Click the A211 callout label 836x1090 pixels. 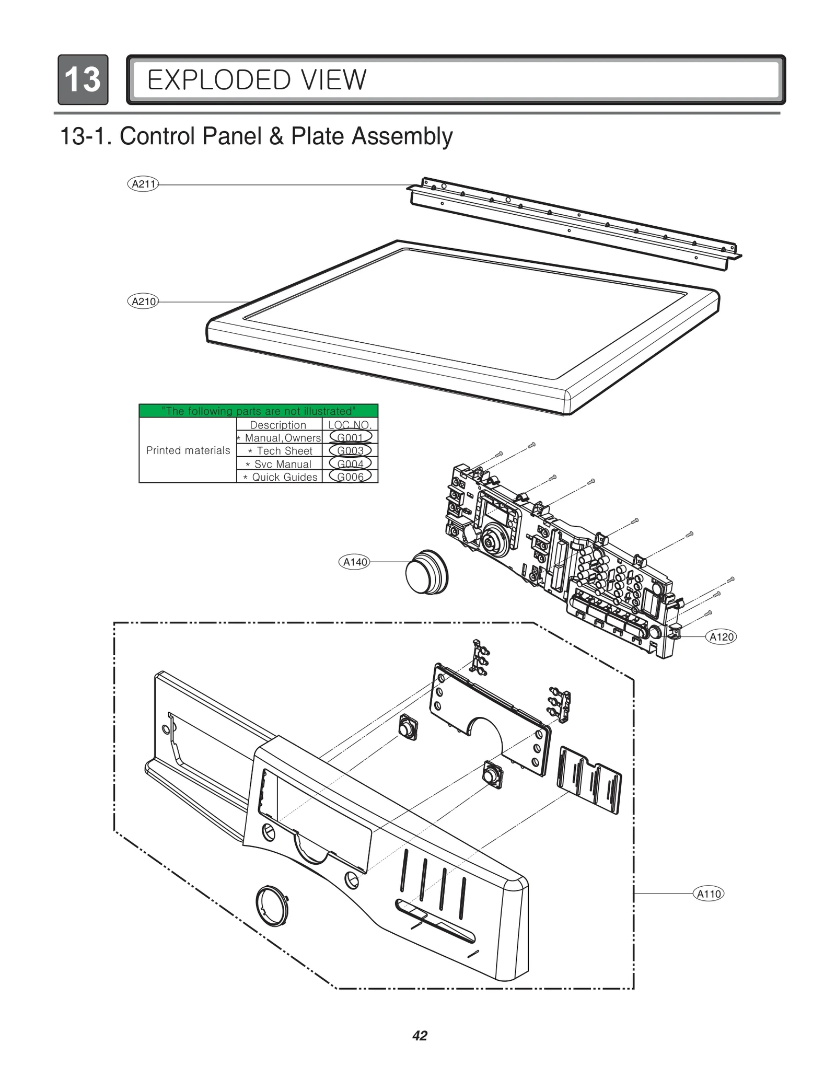click(143, 184)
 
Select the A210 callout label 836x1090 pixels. click(143, 302)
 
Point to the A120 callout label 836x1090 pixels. click(721, 636)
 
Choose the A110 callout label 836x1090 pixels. click(709, 894)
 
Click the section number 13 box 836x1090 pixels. click(83, 79)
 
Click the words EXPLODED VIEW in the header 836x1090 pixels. click(257, 80)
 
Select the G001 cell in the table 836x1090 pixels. click(350, 437)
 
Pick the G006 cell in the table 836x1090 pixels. click(350, 477)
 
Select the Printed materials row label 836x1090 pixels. click(188, 450)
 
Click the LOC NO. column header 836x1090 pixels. click(350, 425)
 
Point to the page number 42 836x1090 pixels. click(420, 1036)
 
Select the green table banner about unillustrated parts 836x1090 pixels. click(258, 411)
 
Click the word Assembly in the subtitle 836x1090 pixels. click(402, 136)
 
